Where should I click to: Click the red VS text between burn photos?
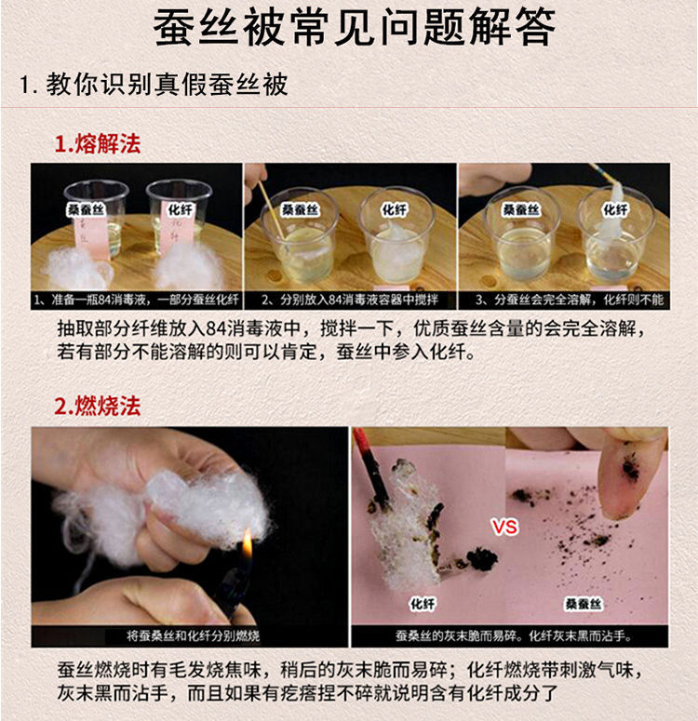point(504,527)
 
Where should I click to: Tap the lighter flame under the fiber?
point(247,545)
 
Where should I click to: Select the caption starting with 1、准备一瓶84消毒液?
point(136,300)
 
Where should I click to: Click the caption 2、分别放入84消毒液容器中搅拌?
point(350,300)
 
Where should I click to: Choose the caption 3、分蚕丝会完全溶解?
point(563,300)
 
